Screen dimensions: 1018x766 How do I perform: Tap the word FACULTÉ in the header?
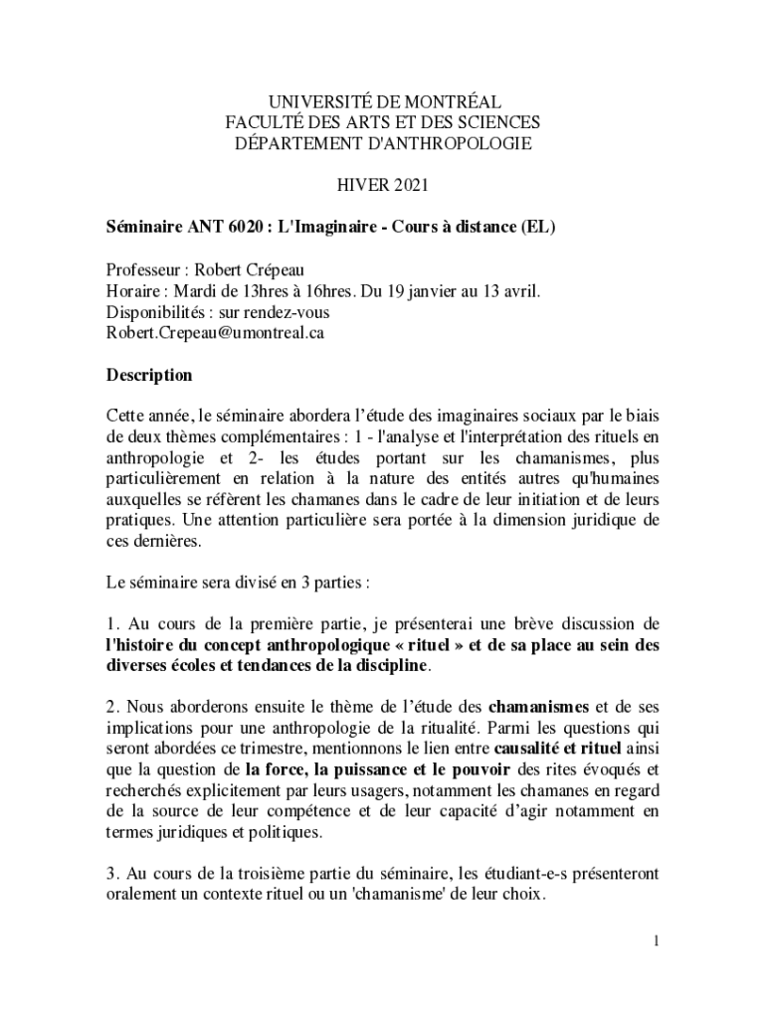265,122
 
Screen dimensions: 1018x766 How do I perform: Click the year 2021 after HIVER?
403,185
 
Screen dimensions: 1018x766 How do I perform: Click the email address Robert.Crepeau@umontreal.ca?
215,332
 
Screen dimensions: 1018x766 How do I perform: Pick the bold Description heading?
149,376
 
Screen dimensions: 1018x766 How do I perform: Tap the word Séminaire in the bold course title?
143,227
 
